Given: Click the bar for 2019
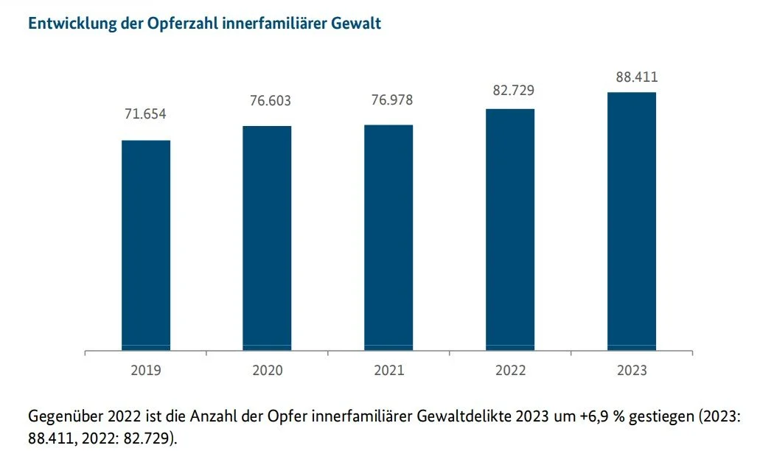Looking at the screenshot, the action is coord(146,245).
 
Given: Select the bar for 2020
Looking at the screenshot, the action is coord(267,238).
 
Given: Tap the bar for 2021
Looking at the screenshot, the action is coord(388,237).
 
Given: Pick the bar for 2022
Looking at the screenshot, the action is coord(510,230).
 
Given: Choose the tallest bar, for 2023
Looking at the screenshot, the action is coord(632,221).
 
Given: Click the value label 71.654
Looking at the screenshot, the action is coord(145,113).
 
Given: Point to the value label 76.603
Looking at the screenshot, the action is coord(271,101).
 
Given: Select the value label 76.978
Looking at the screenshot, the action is coord(392,99).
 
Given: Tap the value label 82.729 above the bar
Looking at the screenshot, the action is coord(513,90).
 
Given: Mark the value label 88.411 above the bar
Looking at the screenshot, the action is coord(637,77).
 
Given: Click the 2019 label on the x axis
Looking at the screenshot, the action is coord(146,370).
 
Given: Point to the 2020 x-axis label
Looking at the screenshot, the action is coord(267,370).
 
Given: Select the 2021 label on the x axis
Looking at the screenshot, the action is coord(388,370).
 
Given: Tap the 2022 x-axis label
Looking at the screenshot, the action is coord(510,370).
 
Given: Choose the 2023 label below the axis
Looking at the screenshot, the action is coord(632,370).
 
